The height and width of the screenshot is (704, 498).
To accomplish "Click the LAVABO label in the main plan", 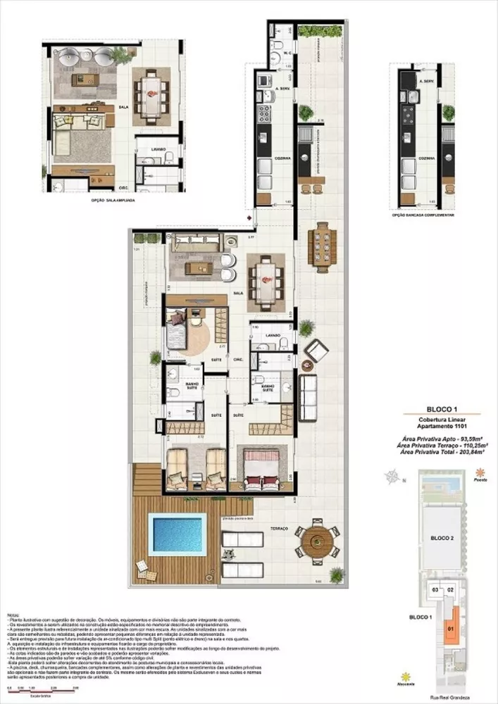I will (x=273, y=336).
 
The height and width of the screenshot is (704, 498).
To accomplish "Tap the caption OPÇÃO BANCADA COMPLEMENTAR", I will (x=423, y=214).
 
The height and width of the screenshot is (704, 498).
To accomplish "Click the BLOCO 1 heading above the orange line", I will (x=442, y=408).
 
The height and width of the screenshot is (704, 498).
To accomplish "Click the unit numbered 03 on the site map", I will (x=435, y=589).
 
